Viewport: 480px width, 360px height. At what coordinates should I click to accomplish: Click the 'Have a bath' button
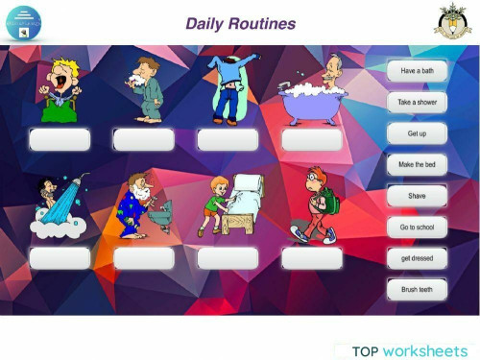click(x=417, y=71)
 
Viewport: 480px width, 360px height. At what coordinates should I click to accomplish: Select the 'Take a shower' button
click(x=417, y=102)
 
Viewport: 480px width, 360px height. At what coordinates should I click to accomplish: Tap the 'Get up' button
click(x=417, y=133)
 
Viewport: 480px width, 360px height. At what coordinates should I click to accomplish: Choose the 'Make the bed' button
click(x=417, y=165)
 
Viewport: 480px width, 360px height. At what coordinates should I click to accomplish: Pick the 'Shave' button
click(x=417, y=196)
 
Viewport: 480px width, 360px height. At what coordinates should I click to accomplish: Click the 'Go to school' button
click(x=417, y=228)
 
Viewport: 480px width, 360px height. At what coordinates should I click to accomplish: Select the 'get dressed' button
click(x=417, y=258)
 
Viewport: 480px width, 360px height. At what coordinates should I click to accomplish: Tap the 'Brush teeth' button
click(x=417, y=289)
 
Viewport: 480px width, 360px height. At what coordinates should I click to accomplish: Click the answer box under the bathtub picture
click(x=312, y=140)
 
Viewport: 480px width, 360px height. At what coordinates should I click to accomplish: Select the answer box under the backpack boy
click(x=312, y=258)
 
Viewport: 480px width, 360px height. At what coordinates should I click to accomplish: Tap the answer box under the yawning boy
click(x=60, y=140)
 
